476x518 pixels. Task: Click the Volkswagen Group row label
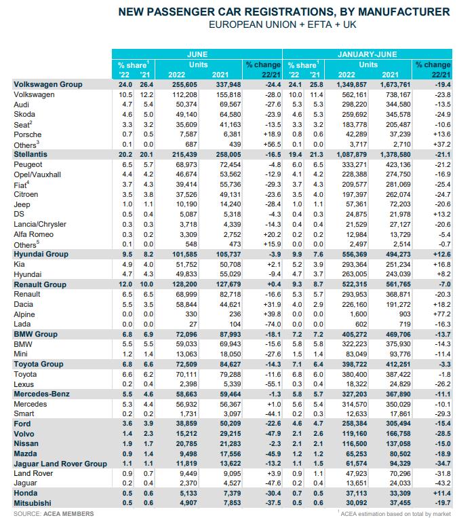point(48,84)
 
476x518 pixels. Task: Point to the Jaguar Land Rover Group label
point(60,464)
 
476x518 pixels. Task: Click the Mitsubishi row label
point(33,503)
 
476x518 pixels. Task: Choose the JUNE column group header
point(197,53)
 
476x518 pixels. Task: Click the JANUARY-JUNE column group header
point(367,53)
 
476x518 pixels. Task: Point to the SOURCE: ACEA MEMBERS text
point(54,514)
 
